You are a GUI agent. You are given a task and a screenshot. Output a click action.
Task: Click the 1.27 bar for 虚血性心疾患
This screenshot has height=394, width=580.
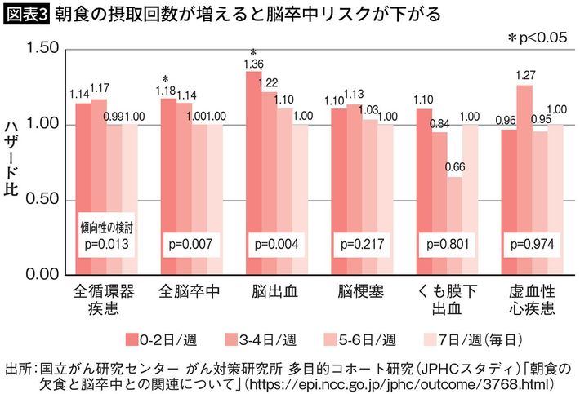click(x=524, y=179)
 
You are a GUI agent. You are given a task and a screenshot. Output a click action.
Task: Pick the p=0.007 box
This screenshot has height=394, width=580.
click(x=191, y=244)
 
